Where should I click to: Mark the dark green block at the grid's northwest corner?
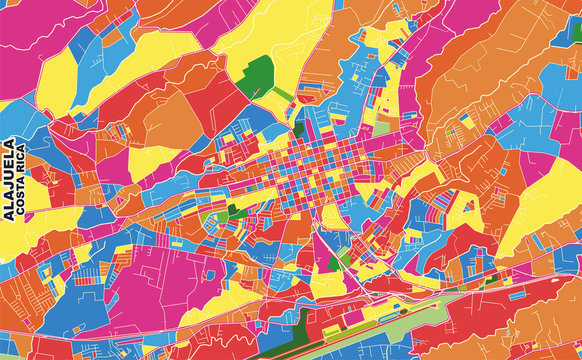(x=299, y=131)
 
